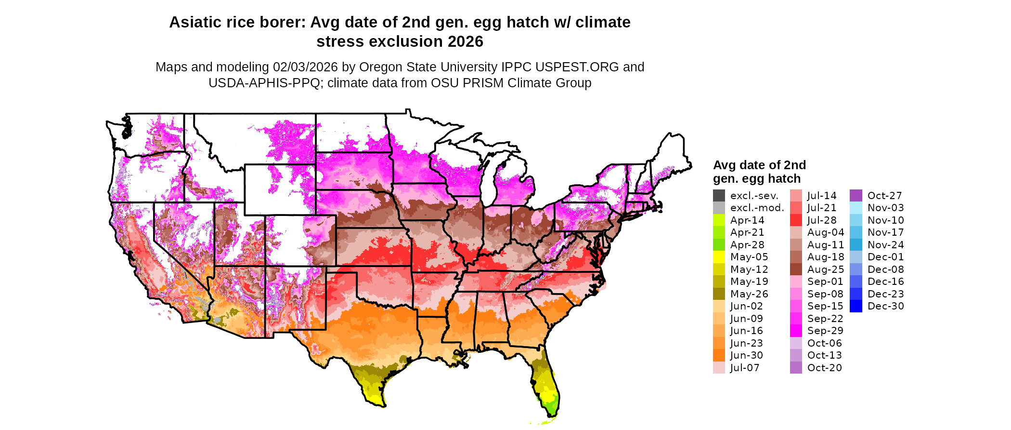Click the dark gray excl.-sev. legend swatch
pos(719,196)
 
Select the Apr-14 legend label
pos(747,220)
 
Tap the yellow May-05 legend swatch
pos(719,257)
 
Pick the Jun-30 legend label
pos(747,355)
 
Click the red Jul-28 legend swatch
pos(796,220)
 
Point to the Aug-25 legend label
pos(826,269)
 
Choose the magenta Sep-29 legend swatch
pos(796,331)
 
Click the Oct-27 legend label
pos(885,196)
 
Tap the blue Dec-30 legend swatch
pos(856,306)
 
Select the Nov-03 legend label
pos(886,208)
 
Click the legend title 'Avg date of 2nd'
pos(759,165)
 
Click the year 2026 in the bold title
pos(465,41)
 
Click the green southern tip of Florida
pos(553,407)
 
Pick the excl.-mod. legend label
pos(757,208)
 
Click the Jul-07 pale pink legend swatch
pos(719,368)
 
